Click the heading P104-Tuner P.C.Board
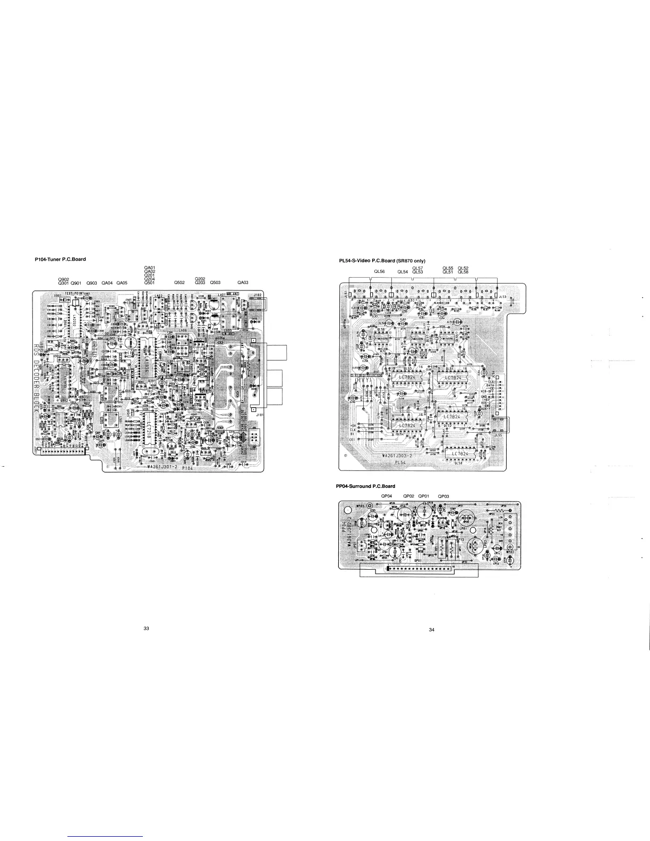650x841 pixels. point(59,259)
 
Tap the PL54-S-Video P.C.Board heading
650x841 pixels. point(382,261)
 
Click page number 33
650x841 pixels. point(146,629)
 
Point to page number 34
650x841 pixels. point(431,630)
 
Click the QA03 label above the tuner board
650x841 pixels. point(243,282)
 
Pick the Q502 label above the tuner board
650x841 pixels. point(179,282)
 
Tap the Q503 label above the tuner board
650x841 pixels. point(215,282)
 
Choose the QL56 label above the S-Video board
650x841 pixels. point(379,272)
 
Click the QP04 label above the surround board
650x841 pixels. point(387,496)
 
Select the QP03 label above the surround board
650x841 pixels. point(443,496)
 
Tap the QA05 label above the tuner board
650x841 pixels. point(122,282)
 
